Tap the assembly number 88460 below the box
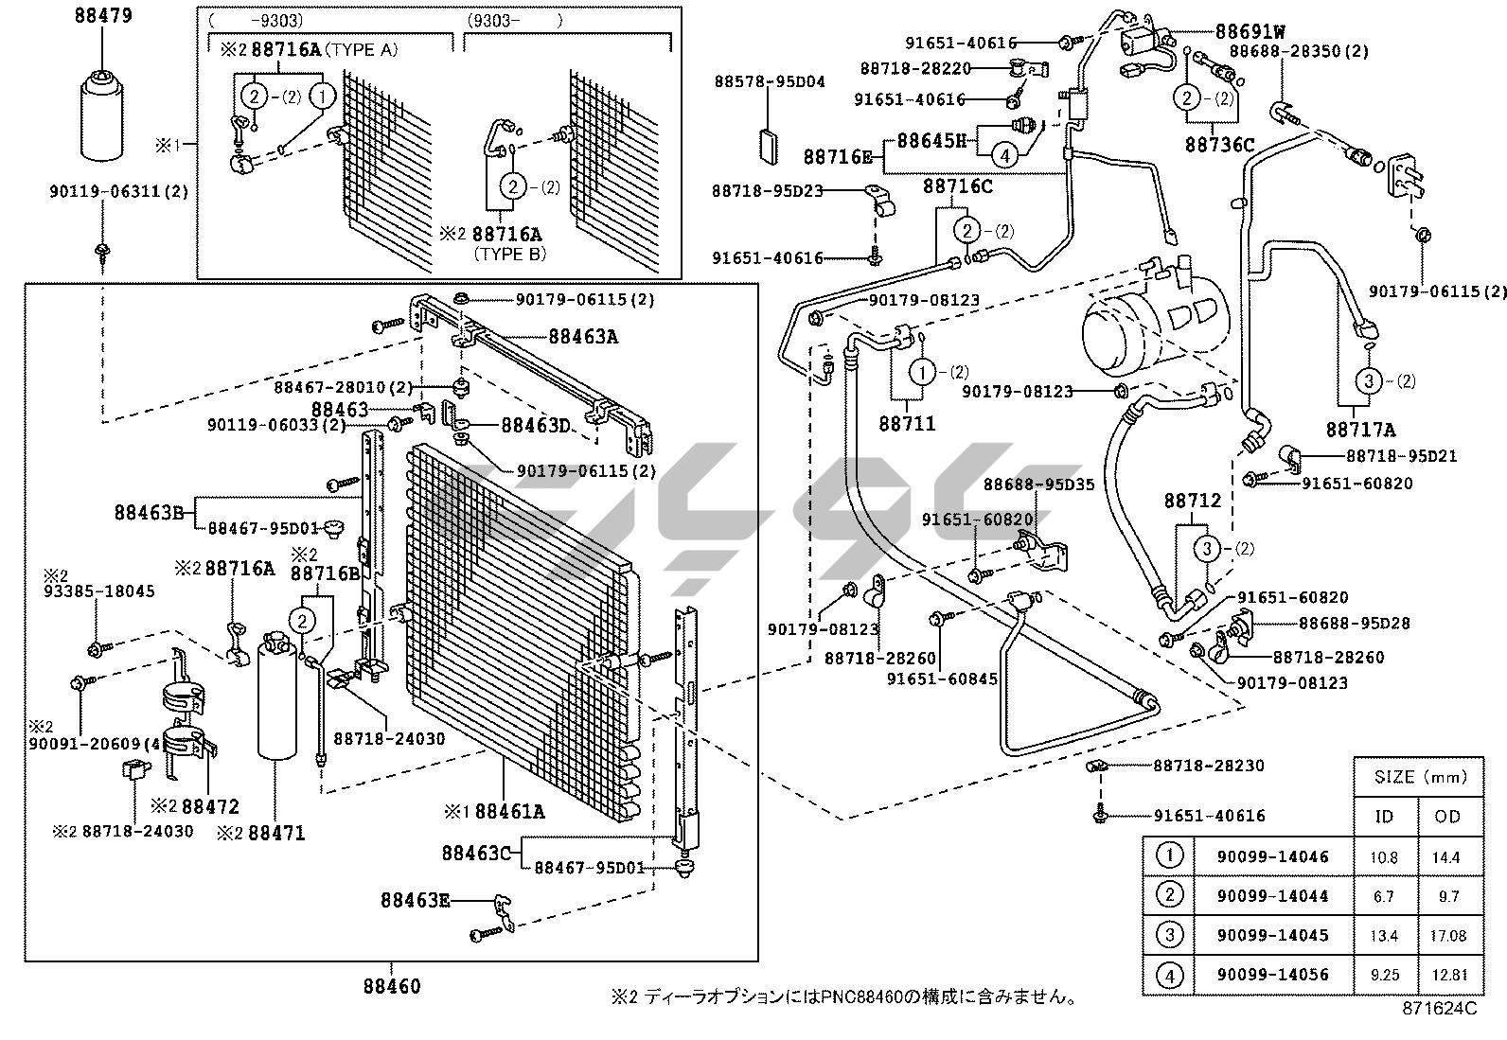pos(391,986)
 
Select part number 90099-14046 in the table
pos(1272,857)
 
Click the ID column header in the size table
pos(1384,817)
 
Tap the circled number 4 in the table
pos(1170,974)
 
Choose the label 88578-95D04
pos(770,81)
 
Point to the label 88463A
pos(582,336)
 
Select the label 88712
pos(1192,500)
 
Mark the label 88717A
pos(1360,430)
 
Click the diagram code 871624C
pos(1439,1009)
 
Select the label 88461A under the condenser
pos(509,811)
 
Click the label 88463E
pos(416,900)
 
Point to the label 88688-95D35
pos(1038,485)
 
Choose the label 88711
pos(907,423)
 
